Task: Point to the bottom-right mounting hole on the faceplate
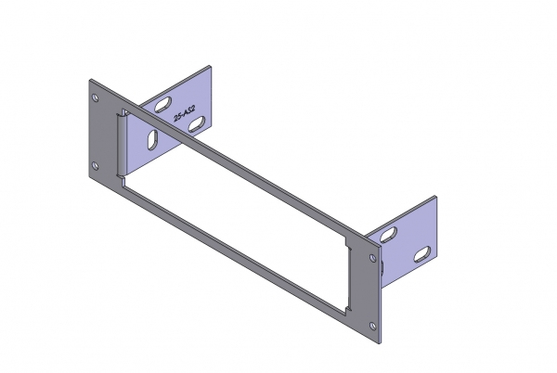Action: tap(373, 324)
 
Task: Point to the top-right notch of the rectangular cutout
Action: tap(348, 246)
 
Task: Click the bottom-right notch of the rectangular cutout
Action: tap(347, 307)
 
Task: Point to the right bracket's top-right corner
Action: tap(435, 196)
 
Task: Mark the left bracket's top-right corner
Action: tap(213, 66)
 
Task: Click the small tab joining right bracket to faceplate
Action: tap(382, 264)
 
